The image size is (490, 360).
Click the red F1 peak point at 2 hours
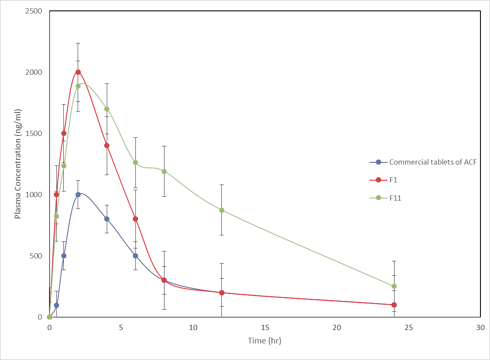tap(78, 72)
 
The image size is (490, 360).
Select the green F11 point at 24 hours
tap(394, 286)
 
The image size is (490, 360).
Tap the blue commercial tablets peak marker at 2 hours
tap(78, 195)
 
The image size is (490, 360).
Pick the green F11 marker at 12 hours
tap(222, 210)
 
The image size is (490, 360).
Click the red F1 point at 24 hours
tap(394, 305)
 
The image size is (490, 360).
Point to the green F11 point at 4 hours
tap(107, 109)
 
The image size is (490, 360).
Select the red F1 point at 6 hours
tap(135, 219)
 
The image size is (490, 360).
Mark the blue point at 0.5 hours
tap(56, 305)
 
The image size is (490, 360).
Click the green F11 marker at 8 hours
tap(164, 172)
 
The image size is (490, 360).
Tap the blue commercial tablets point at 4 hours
tap(107, 219)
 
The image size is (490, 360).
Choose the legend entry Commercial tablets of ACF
tap(433, 162)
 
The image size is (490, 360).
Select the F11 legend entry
tap(396, 198)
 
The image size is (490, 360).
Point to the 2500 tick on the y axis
tap(36, 11)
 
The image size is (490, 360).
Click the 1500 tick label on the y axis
tap(36, 133)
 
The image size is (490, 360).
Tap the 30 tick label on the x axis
tap(480, 328)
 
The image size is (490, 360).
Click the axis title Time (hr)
tap(265, 341)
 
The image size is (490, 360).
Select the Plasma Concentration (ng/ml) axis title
tap(18, 164)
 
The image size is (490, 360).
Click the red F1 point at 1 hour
tap(64, 133)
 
